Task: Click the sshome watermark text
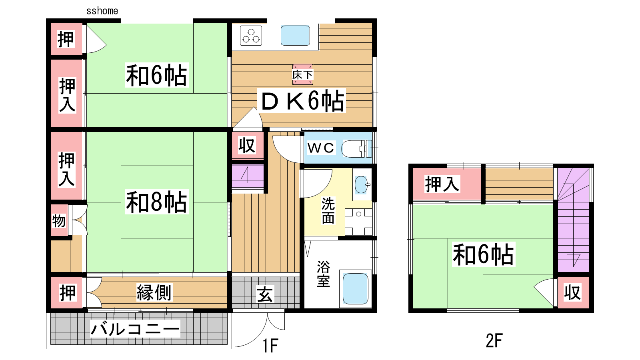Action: (102, 11)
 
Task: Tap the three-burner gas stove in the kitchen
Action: (251, 36)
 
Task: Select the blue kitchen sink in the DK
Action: (295, 36)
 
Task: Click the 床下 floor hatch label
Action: (302, 75)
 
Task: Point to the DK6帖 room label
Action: (302, 101)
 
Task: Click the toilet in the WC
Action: (356, 148)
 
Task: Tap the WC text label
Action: (320, 148)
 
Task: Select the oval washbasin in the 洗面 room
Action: (362, 184)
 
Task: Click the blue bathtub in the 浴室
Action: (355, 288)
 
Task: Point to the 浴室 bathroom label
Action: (324, 274)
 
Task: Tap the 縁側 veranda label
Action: (154, 292)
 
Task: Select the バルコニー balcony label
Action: (135, 329)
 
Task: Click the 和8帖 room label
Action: (156, 202)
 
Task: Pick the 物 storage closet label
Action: (58, 221)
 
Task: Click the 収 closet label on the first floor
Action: (247, 146)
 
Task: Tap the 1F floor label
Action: (270, 345)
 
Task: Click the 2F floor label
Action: (494, 340)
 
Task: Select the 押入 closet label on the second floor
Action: (442, 184)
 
